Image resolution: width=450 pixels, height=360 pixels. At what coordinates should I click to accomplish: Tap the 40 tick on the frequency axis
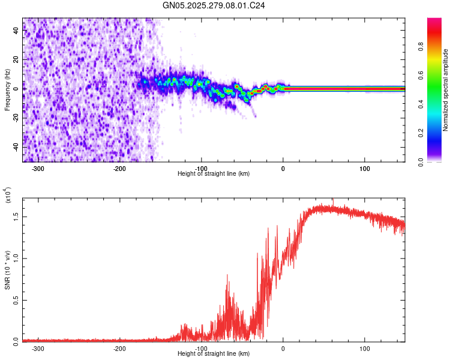(x=16, y=32)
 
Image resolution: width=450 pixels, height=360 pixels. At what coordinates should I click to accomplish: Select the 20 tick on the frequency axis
(x=16, y=61)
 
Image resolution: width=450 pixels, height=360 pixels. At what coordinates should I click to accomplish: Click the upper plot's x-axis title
(x=214, y=173)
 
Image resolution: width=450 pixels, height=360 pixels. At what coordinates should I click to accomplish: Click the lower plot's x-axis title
(x=214, y=353)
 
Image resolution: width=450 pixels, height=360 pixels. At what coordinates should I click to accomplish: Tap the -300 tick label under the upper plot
(x=37, y=169)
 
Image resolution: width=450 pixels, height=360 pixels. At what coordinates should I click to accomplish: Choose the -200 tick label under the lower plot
(x=119, y=348)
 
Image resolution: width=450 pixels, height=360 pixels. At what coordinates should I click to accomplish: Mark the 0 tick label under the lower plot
(x=283, y=348)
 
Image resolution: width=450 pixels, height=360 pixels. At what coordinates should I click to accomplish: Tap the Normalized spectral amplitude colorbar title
(x=446, y=90)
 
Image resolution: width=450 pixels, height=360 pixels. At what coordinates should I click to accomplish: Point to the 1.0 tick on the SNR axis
(x=16, y=258)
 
